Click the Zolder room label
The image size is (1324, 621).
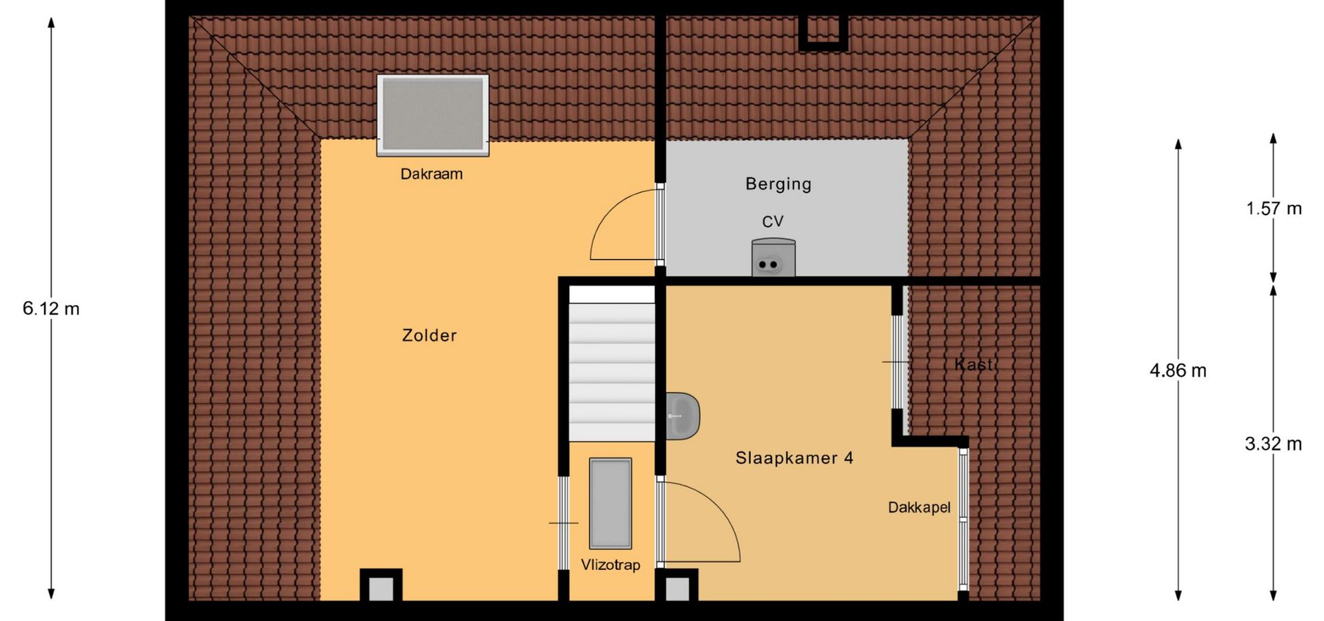(429, 335)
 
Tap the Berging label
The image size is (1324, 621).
(779, 184)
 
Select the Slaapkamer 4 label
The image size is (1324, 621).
(794, 458)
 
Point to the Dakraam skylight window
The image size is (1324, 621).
(433, 115)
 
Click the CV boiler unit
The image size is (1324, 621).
(773, 257)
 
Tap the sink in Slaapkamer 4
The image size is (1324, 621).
(683, 415)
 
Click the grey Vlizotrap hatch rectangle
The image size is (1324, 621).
(610, 504)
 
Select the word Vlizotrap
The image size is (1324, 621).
(610, 565)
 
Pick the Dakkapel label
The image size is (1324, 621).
(919, 508)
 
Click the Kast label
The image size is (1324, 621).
(974, 364)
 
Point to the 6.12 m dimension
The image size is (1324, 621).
(51, 308)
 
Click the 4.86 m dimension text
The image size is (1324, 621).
(1178, 371)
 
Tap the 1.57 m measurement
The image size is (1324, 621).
(1274, 208)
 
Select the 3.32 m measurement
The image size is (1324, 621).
(1274, 444)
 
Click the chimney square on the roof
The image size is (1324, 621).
(823, 32)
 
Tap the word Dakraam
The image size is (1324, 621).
(432, 174)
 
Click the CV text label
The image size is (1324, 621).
(773, 221)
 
